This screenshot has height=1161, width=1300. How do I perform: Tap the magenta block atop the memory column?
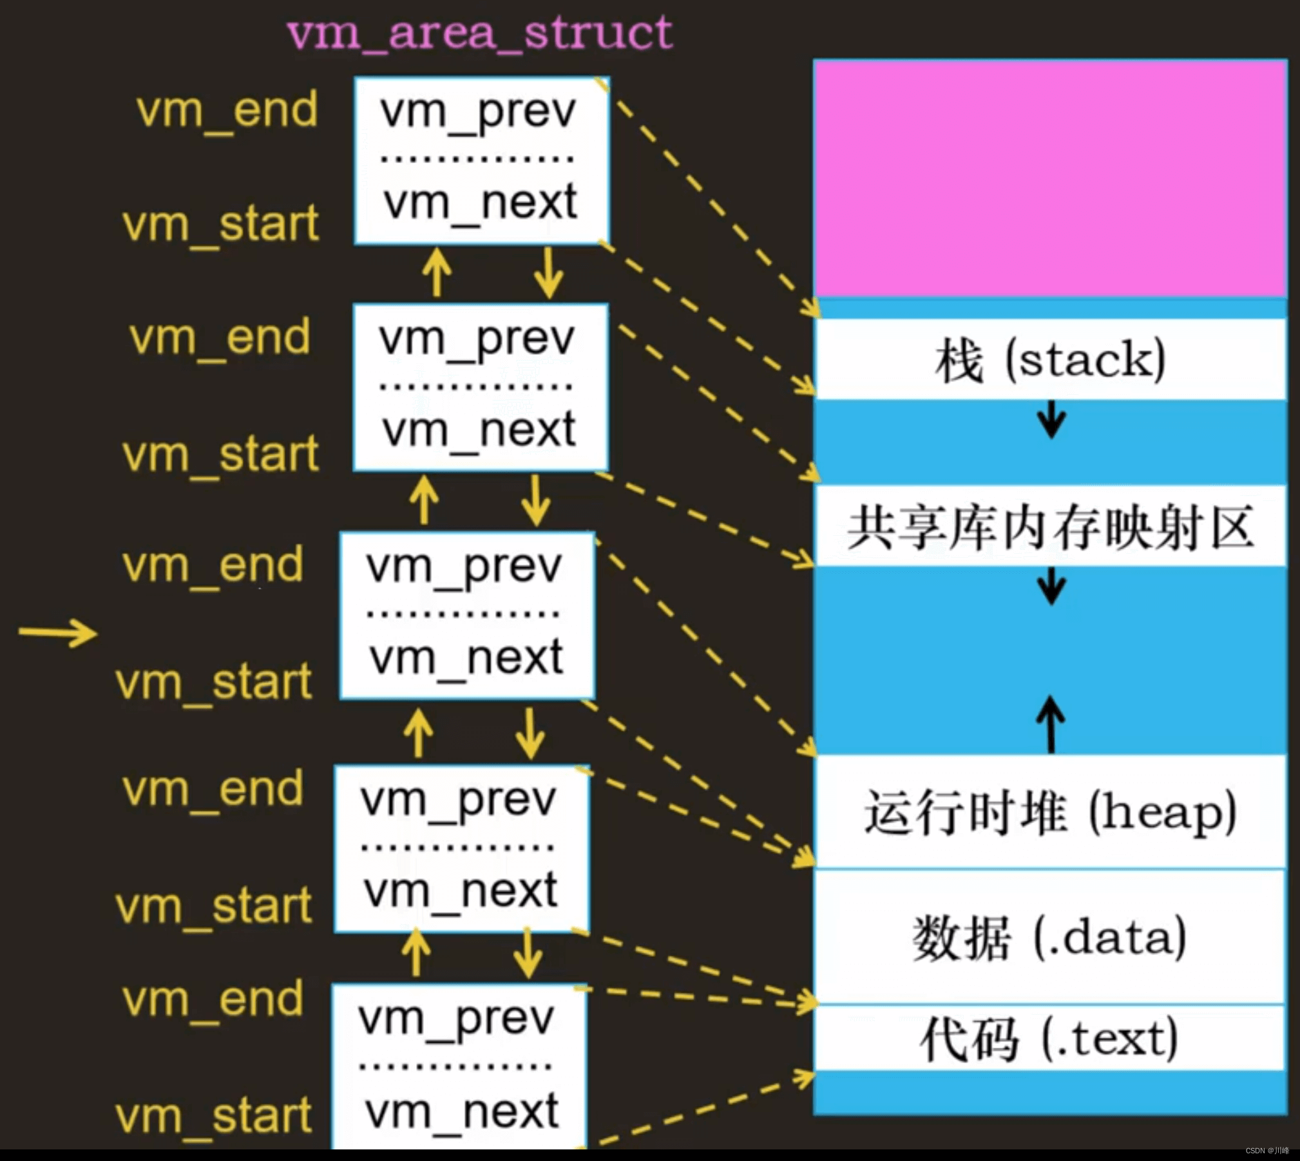click(1050, 178)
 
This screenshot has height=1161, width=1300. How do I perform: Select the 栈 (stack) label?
click(1050, 359)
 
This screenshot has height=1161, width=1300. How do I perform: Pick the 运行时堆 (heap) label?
click(1050, 813)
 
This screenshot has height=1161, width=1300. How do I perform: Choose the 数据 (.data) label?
click(1050, 938)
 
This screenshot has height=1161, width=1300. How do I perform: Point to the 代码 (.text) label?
click(1050, 1039)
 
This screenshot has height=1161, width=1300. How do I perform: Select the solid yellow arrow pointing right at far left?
click(58, 632)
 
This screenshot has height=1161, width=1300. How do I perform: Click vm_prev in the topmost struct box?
click(477, 112)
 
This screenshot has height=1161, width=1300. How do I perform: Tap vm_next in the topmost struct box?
click(480, 203)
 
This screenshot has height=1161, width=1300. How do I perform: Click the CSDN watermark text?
click(1267, 1150)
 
